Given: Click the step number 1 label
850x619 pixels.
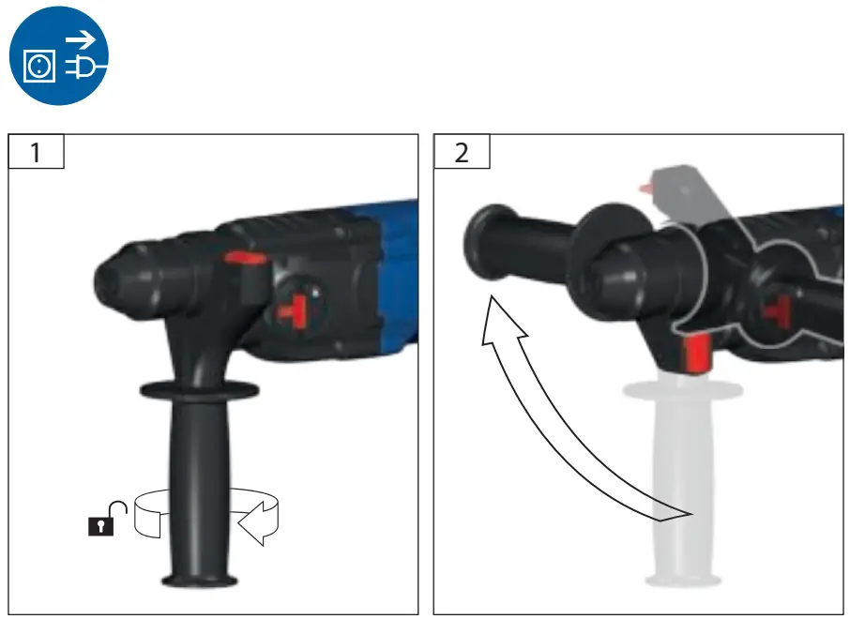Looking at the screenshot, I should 36,152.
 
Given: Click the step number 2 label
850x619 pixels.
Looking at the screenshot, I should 461,152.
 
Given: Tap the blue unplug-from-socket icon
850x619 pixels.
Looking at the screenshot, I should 59,56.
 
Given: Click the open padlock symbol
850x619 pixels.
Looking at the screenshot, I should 106,520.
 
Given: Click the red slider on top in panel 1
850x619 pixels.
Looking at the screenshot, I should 243,259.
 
